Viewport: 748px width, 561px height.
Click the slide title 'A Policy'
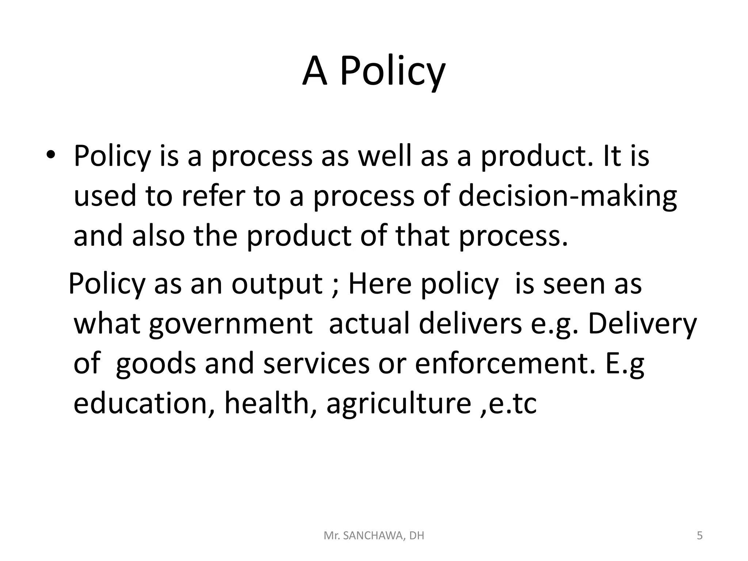click(374, 71)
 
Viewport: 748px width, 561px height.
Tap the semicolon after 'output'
click(336, 285)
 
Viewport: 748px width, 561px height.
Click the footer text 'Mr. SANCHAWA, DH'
click(374, 536)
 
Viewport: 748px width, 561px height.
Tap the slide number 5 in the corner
click(699, 536)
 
